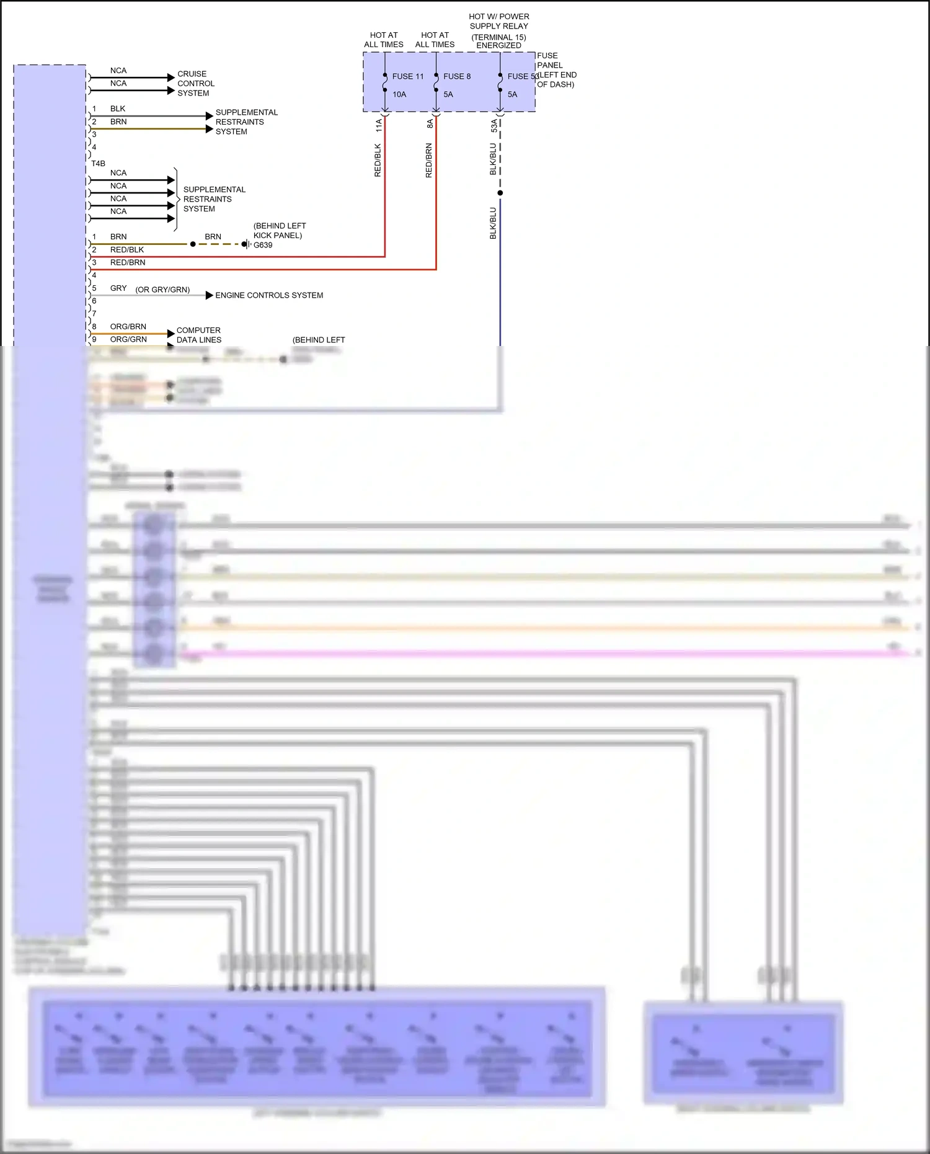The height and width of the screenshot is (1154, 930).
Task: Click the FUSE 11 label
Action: click(407, 76)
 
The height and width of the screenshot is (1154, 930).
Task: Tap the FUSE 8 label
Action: click(457, 76)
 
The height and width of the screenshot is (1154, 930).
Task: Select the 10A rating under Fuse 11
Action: click(399, 94)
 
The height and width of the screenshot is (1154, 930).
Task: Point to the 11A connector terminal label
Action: click(379, 125)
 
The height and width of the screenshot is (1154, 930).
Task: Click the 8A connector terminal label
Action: click(430, 124)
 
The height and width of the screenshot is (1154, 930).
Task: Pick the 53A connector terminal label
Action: click(494, 126)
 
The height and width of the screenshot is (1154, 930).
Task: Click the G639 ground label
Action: click(263, 245)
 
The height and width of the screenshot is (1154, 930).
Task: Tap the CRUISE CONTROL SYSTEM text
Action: click(196, 83)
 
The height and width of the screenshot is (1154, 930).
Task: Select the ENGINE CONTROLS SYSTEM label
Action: click(269, 295)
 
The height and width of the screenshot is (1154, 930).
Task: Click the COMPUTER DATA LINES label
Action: click(198, 335)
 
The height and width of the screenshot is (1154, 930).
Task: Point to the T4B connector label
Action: click(98, 164)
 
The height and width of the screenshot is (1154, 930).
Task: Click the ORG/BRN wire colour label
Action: click(128, 326)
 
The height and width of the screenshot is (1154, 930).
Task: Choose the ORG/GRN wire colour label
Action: click(128, 339)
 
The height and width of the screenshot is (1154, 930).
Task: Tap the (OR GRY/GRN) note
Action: click(162, 290)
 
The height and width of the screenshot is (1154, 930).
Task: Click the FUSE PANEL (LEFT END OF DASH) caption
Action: click(556, 70)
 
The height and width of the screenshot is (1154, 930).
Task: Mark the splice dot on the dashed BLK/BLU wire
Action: click(500, 193)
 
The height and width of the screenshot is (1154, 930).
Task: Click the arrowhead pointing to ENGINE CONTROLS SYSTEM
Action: click(210, 295)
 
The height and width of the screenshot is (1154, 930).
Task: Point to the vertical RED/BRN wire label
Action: click(428, 161)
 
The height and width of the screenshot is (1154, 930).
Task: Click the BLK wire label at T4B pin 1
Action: click(118, 109)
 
